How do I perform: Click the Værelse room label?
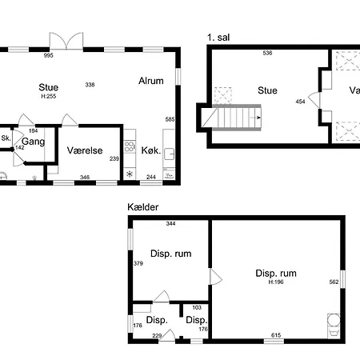tap(85, 150)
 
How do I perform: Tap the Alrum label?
tap(151, 81)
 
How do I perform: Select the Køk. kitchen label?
tap(151, 150)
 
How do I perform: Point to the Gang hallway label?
tap(33, 142)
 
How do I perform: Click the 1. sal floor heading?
tap(218, 38)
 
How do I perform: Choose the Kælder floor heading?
tap(143, 207)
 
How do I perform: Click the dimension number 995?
tap(49, 55)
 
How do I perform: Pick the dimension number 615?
tap(276, 335)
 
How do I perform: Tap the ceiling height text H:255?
tap(49, 96)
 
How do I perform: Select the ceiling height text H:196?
tap(276, 282)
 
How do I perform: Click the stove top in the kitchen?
tap(130, 147)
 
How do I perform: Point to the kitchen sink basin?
tap(170, 154)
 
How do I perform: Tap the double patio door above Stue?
tap(66, 41)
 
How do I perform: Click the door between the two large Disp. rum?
tap(216, 277)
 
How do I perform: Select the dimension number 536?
tap(267, 53)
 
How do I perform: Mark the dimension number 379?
tap(138, 263)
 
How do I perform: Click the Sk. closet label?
tap(6, 138)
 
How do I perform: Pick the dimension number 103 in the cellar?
tap(197, 307)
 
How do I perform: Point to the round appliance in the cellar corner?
tap(334, 320)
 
